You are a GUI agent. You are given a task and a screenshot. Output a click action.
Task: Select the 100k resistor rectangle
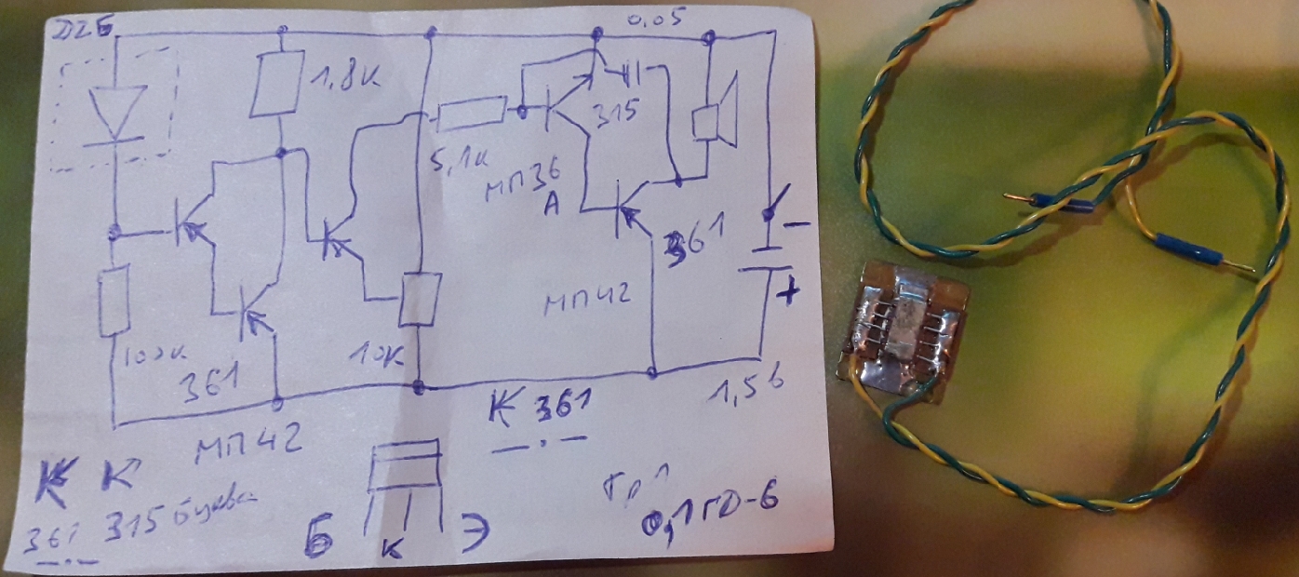point(114,301)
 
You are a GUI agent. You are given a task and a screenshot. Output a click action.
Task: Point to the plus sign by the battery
point(788,294)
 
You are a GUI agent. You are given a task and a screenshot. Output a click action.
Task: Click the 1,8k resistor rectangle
point(278,85)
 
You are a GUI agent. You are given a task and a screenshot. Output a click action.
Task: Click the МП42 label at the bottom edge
point(247,450)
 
